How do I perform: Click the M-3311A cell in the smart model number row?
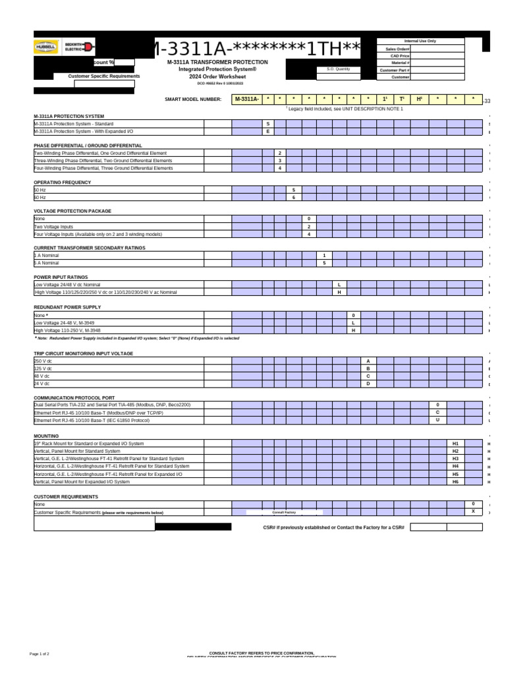pos(246,100)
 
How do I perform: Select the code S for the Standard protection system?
pos(267,123)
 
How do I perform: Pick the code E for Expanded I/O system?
pos(267,131)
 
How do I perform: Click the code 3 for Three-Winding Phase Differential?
pos(280,160)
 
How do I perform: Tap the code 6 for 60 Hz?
pos(294,197)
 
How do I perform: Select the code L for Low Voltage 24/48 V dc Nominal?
pos(339,284)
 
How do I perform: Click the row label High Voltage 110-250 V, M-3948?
pos(67,330)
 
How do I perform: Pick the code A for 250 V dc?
pos(368,361)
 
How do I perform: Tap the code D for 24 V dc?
pos(368,383)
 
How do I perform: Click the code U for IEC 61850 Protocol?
pos(437,419)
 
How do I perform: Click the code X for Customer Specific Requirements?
pos(473,511)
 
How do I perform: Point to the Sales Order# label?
pos(397,49)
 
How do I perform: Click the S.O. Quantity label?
pos(339,69)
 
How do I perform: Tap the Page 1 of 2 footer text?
pos(40,653)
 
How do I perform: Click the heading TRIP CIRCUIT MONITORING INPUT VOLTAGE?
pos(83,353)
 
